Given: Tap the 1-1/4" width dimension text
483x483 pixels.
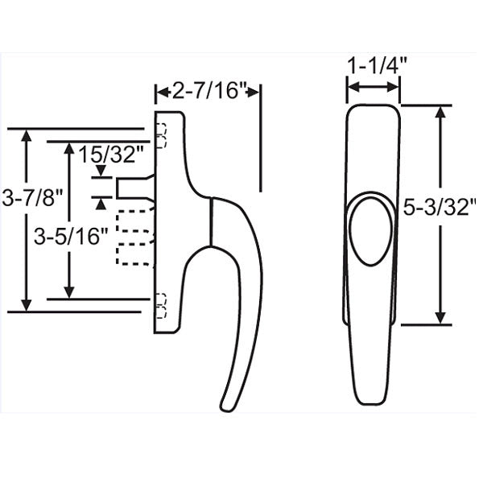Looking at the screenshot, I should pyautogui.click(x=374, y=65).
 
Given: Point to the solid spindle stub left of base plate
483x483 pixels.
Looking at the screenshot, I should pyautogui.click(x=134, y=188).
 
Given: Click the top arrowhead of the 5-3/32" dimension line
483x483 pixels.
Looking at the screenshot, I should pyautogui.click(x=440, y=112).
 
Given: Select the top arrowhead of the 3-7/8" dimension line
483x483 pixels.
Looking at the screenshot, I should pyautogui.click(x=29, y=136).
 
